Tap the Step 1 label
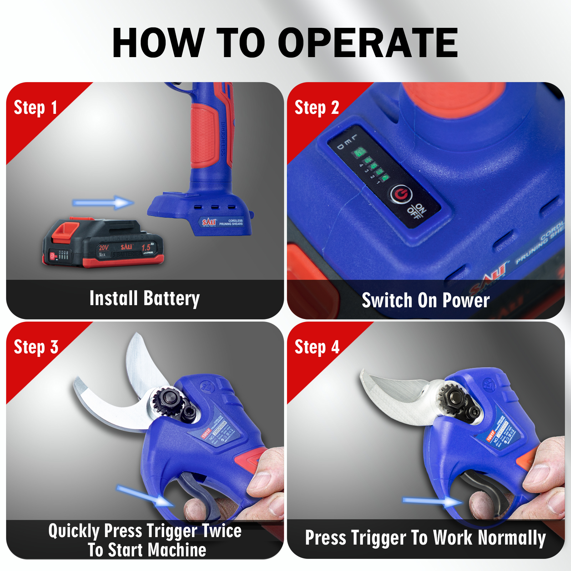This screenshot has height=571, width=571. [35, 108]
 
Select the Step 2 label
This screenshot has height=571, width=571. [317, 108]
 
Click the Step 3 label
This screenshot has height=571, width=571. [36, 347]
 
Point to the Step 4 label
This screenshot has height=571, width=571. [317, 347]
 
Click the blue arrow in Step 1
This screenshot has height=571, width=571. [103, 203]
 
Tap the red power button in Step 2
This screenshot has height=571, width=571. [401, 194]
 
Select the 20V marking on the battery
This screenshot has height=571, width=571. [103, 248]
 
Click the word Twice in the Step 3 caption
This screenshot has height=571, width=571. [222, 531]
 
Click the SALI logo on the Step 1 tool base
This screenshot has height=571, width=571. [209, 222]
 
